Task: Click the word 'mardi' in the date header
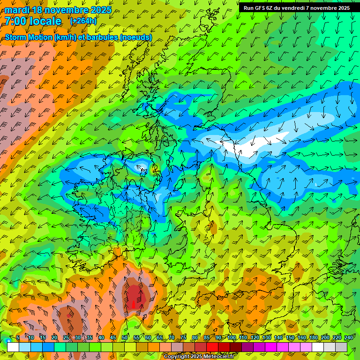click(x=17, y=10)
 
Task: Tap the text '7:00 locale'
click(x=33, y=21)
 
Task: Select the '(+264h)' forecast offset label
click(x=83, y=21)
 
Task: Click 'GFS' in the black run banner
click(x=261, y=8)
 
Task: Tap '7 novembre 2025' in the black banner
click(x=328, y=8)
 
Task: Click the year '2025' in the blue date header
click(x=101, y=10)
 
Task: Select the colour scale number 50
click(x=125, y=337)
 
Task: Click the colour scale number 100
click(x=232, y=337)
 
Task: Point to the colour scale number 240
click(x=348, y=337)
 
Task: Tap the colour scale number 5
click(x=18, y=337)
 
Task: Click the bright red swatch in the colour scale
click(x=212, y=347)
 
